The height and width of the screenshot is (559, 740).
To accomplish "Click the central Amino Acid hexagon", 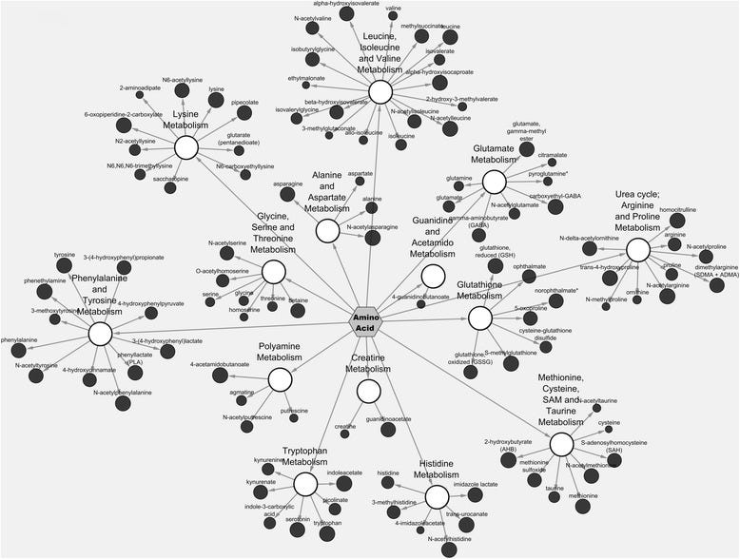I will tap(366, 321).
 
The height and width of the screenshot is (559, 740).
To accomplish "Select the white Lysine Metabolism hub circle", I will tap(186, 147).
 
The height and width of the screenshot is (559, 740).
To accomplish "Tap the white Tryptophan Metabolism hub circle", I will tap(305, 484).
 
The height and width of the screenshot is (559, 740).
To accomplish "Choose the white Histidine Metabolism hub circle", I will tap(437, 495).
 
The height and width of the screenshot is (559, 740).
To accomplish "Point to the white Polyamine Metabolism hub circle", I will tap(280, 379).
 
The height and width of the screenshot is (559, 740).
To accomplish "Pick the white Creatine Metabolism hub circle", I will tap(369, 391).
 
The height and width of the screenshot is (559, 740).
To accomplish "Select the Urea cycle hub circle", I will tap(637, 249).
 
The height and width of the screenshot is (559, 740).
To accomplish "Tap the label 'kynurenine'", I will tap(270, 459).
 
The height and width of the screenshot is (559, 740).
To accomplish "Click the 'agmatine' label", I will tap(242, 393).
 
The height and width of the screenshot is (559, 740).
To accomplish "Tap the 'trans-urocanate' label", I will tap(467, 513).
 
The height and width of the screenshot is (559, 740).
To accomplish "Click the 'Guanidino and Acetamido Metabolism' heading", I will tap(432, 238).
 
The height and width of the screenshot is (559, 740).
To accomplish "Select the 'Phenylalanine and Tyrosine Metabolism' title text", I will tap(99, 295).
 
